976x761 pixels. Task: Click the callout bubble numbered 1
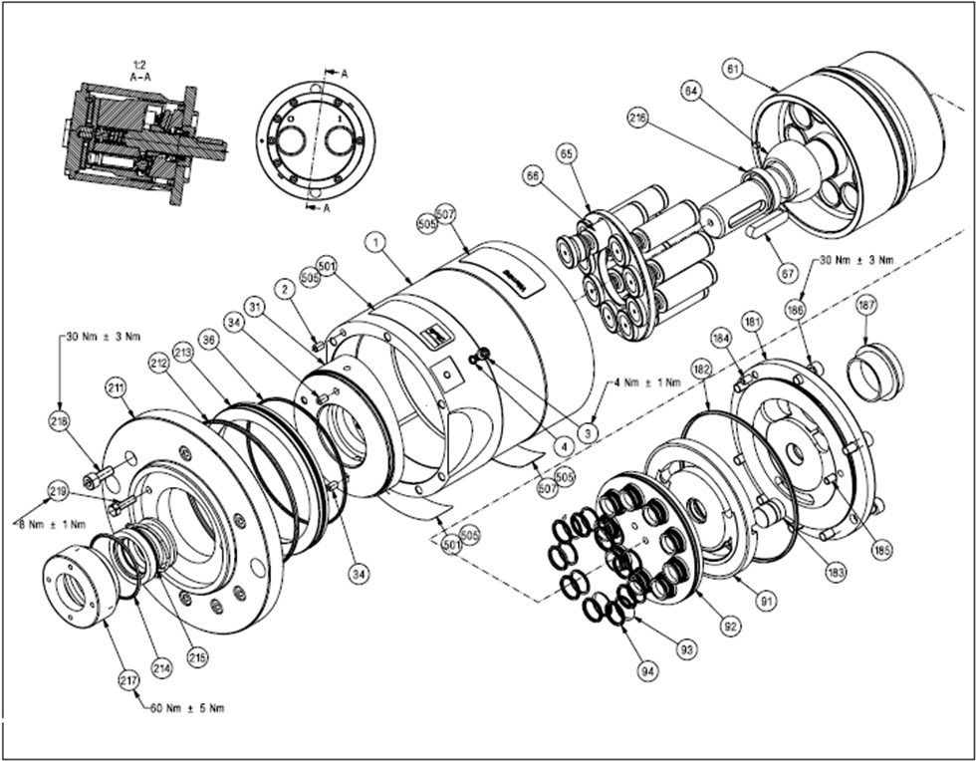375,240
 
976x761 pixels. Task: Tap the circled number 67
788,271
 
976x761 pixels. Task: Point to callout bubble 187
866,307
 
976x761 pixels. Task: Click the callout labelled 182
701,371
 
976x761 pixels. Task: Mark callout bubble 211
117,386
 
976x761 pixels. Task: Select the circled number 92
730,627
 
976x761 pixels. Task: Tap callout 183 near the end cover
881,548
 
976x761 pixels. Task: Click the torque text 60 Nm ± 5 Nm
187,709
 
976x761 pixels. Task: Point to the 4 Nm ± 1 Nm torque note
646,381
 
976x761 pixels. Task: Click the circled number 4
564,446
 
